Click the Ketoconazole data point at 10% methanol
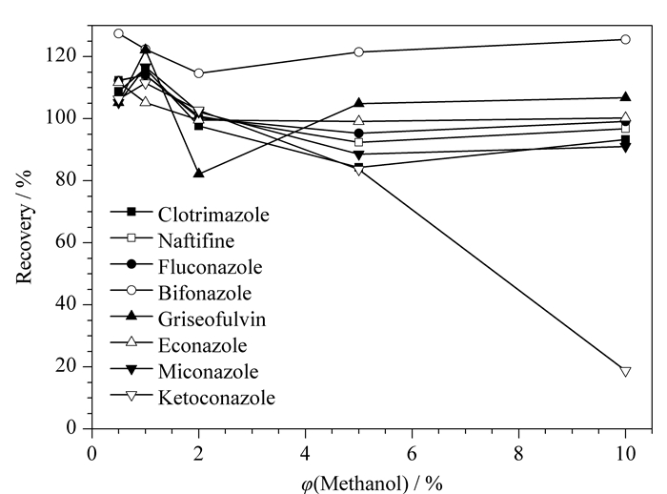pos(625,371)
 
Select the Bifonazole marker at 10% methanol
pos(625,40)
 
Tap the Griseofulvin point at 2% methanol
pos(198,173)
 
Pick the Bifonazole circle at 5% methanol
pos(358,51)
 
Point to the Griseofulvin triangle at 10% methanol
pos(625,96)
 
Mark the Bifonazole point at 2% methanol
pos(198,73)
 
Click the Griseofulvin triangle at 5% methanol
pos(358,103)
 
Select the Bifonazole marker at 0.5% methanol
pos(119,33)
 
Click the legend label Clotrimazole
pos(213,215)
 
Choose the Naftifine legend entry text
pos(196,241)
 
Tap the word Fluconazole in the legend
pos(211,267)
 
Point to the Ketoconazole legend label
pos(216,398)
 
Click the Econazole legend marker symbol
pos(131,341)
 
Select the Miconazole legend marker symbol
pos(131,369)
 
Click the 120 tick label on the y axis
pos(61,55)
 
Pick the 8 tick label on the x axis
pos(518,454)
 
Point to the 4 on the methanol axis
pos(306,454)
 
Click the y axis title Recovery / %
pos(24,227)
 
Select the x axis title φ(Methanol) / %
pos(372,484)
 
